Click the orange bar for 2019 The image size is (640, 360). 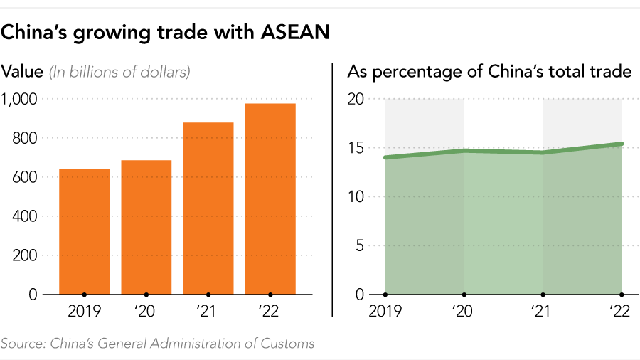tap(84, 231)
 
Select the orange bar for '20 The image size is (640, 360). tap(146, 227)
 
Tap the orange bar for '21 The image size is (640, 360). tap(208, 208)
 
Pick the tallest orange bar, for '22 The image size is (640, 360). tap(270, 198)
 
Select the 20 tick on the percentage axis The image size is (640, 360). tap(356, 100)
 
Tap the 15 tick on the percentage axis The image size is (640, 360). tap(356, 148)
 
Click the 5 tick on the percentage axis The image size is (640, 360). tap(360, 245)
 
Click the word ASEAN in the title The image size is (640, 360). tap(292, 33)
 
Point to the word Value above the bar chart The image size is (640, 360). tap(22, 72)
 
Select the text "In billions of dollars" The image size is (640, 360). tap(119, 72)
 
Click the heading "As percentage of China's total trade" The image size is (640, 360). tap(489, 72)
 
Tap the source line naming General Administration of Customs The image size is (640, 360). tap(157, 344)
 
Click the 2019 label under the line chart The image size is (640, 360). tap(385, 311)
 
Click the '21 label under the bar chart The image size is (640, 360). tap(208, 311)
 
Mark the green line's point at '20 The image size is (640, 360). tap(464, 151)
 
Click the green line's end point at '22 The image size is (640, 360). tap(622, 144)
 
